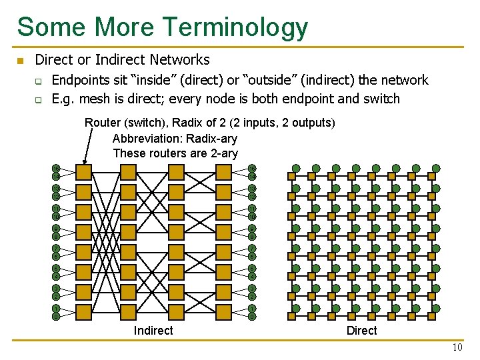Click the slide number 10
point(457,347)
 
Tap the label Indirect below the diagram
point(153,331)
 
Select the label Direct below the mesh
point(361,331)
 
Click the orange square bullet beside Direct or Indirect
point(20,61)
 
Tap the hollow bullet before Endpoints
point(39,81)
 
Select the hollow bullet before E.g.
point(39,99)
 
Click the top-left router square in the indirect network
point(84,172)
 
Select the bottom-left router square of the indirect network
point(84,312)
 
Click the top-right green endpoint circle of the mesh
point(436,168)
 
